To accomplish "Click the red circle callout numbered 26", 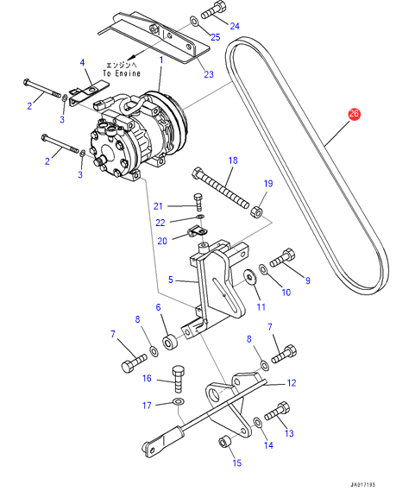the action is [x=354, y=114].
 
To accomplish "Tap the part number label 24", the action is [x=235, y=26].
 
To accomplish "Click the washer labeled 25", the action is [x=194, y=22].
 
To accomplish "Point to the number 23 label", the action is [x=209, y=74].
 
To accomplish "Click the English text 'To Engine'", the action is [x=122, y=73].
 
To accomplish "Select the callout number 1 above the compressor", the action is [x=161, y=60].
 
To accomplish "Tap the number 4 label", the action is [x=82, y=63].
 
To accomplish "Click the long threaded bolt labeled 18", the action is [x=222, y=186].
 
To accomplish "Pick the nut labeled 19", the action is [x=256, y=212].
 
